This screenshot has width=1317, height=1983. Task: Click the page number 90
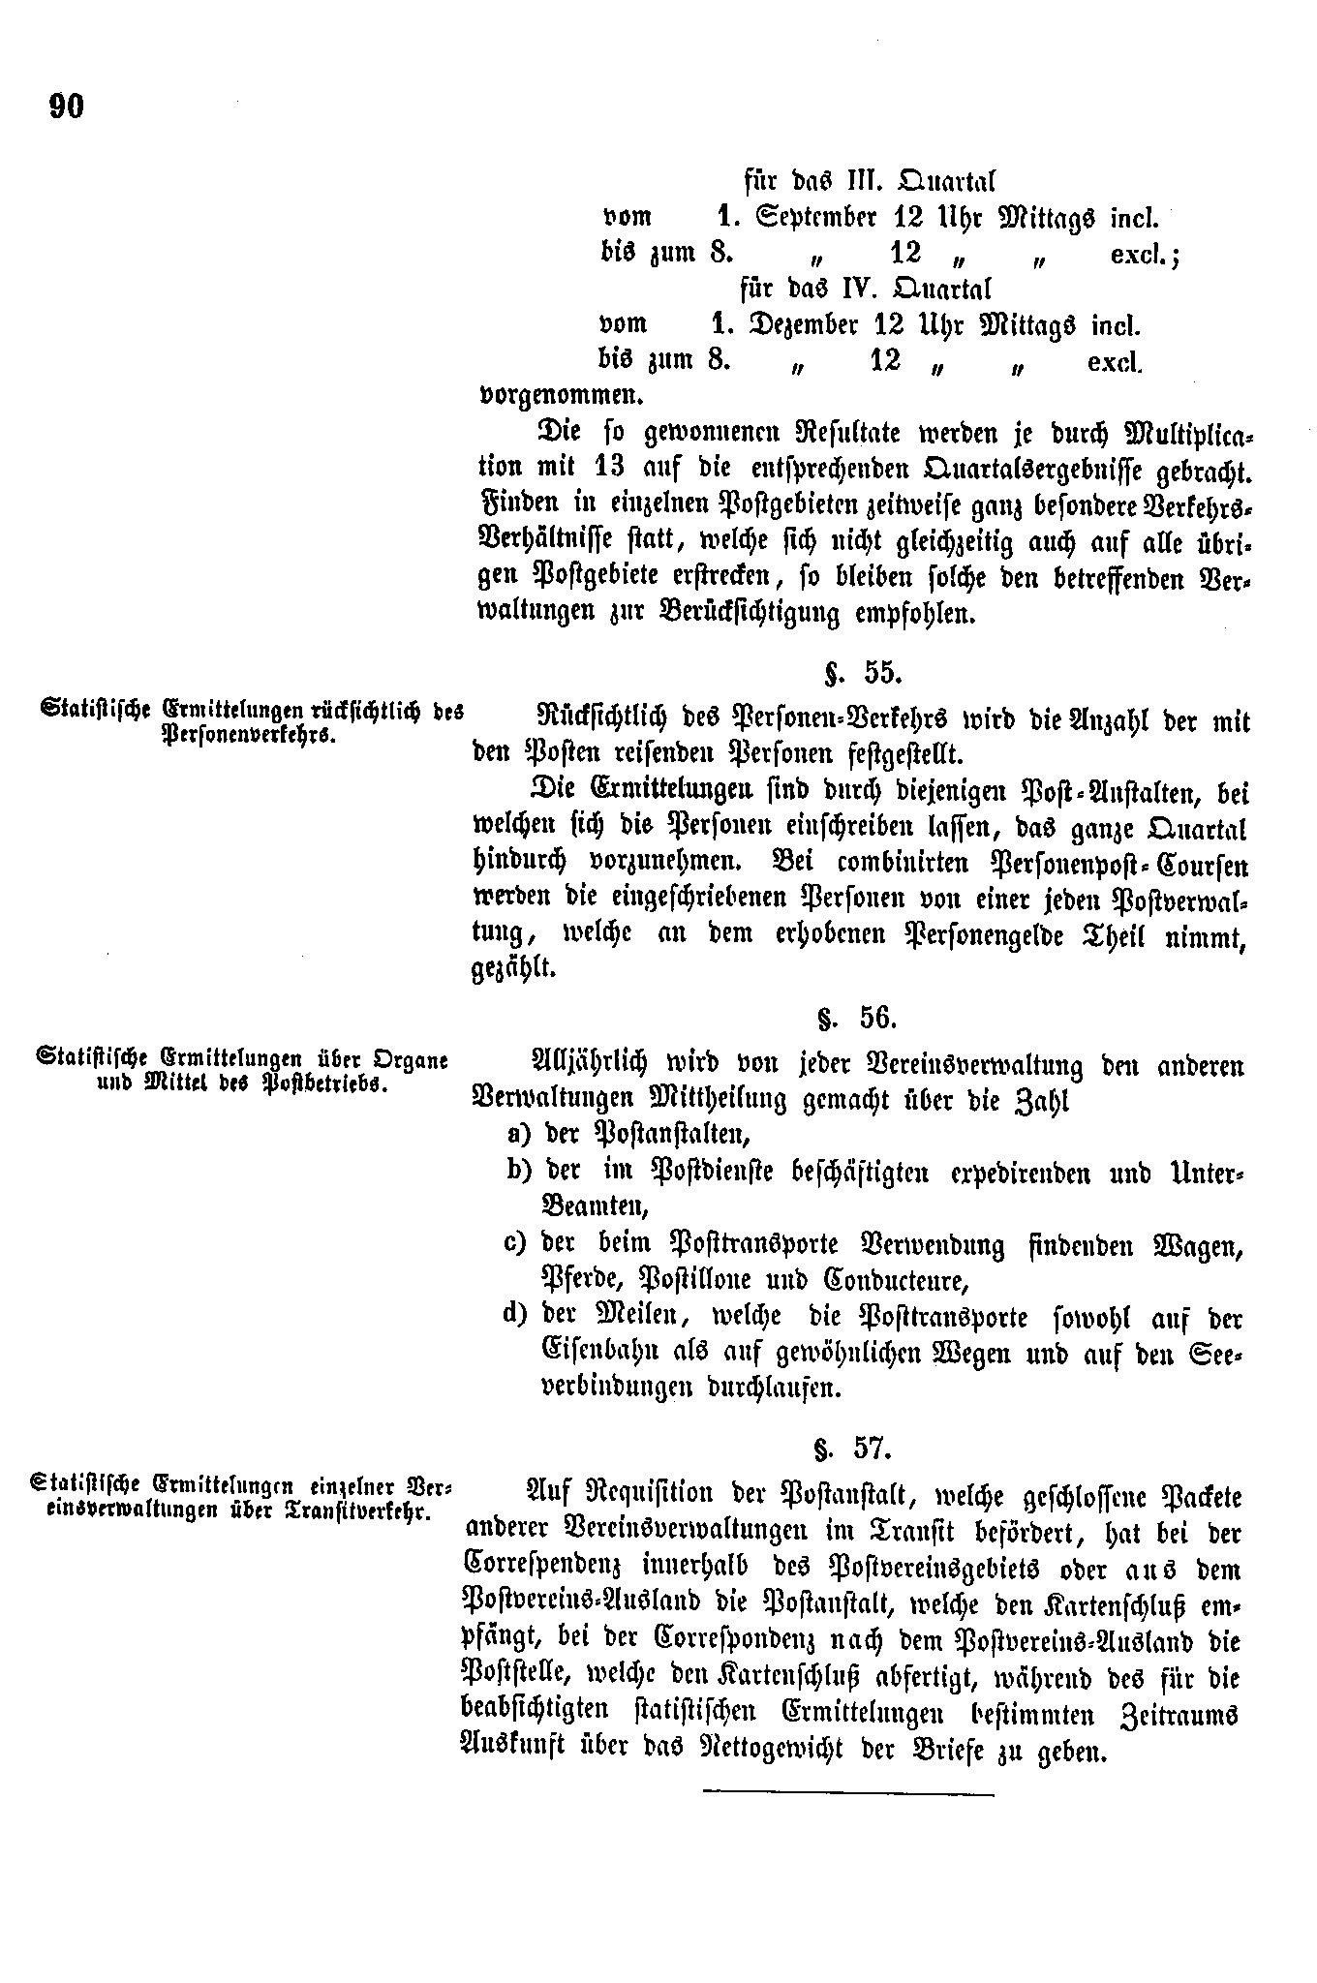coord(67,106)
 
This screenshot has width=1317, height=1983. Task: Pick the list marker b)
coord(520,1171)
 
